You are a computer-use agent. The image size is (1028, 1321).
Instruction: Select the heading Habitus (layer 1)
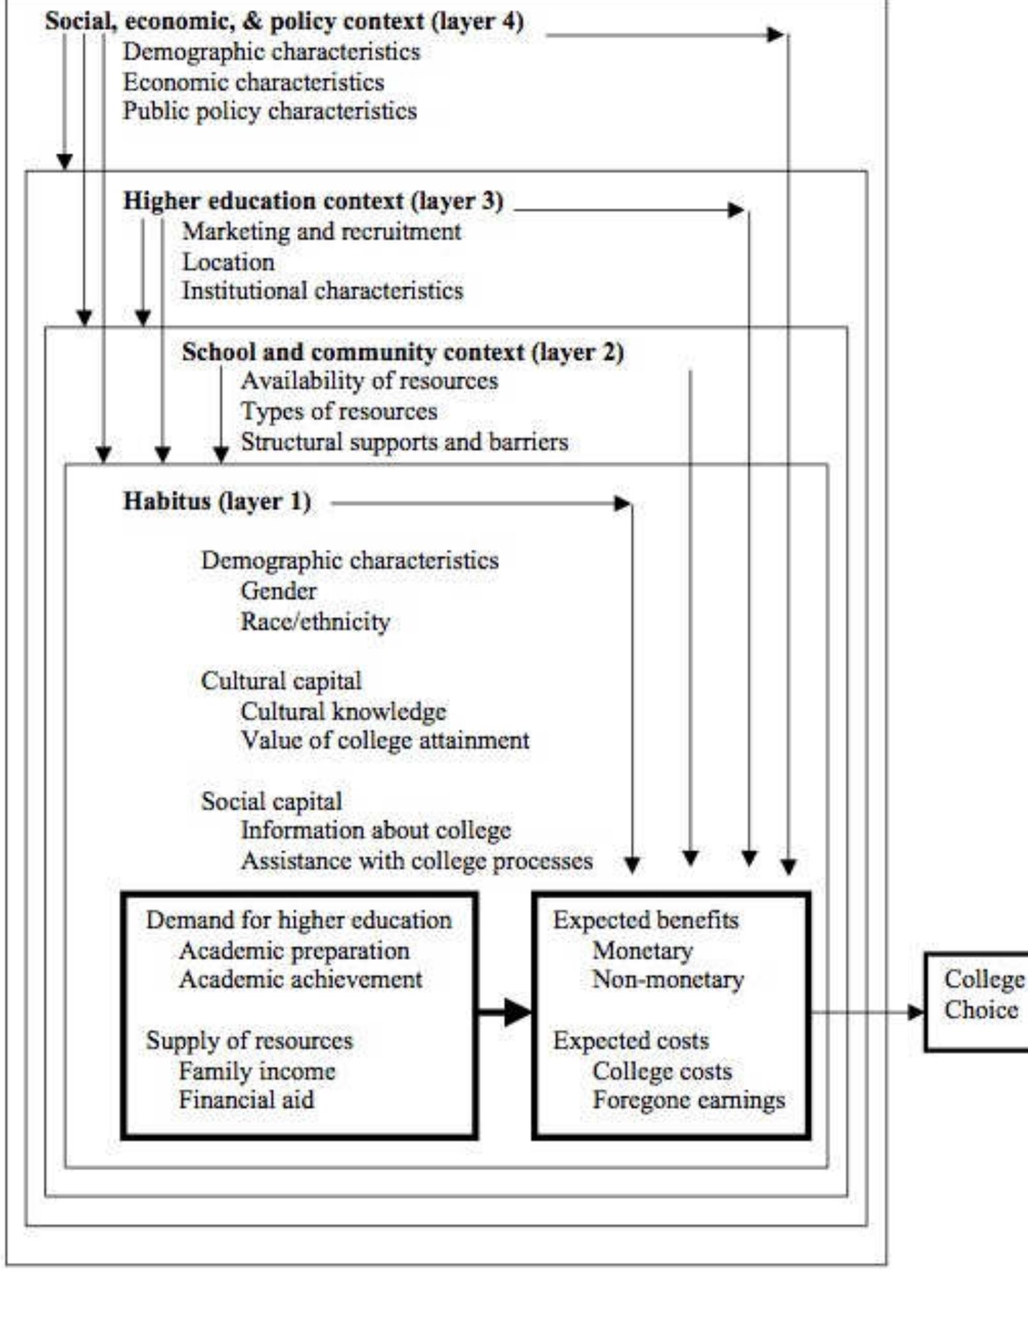[x=217, y=501]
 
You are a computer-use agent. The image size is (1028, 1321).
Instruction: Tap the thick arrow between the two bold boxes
[x=505, y=1012]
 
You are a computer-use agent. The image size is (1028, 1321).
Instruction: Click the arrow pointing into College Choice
[x=869, y=1012]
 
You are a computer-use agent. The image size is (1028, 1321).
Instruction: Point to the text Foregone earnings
[x=689, y=1100]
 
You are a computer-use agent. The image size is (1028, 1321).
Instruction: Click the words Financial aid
[x=247, y=1100]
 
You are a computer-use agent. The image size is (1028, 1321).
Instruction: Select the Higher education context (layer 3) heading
[x=313, y=201]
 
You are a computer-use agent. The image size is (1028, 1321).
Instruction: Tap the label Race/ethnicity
[x=315, y=622]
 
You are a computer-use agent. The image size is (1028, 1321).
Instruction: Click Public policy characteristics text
[x=270, y=111]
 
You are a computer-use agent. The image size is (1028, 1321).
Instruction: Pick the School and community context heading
[x=403, y=352]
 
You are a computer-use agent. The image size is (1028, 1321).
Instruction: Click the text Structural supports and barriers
[x=404, y=442]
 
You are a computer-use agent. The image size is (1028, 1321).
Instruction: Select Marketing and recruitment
[x=321, y=231]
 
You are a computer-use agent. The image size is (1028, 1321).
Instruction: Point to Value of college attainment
[x=385, y=741]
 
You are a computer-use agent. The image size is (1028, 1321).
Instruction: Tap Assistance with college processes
[x=417, y=861]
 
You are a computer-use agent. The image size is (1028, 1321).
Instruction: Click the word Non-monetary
[x=668, y=979]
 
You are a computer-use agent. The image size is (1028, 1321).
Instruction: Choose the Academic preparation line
[x=294, y=951]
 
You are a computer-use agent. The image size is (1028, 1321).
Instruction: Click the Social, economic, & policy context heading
[x=284, y=22]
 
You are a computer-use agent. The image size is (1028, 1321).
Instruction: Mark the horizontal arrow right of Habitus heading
[x=479, y=503]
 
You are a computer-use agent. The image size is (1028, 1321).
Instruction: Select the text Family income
[x=257, y=1071]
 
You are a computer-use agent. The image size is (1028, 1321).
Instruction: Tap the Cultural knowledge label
[x=343, y=712]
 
